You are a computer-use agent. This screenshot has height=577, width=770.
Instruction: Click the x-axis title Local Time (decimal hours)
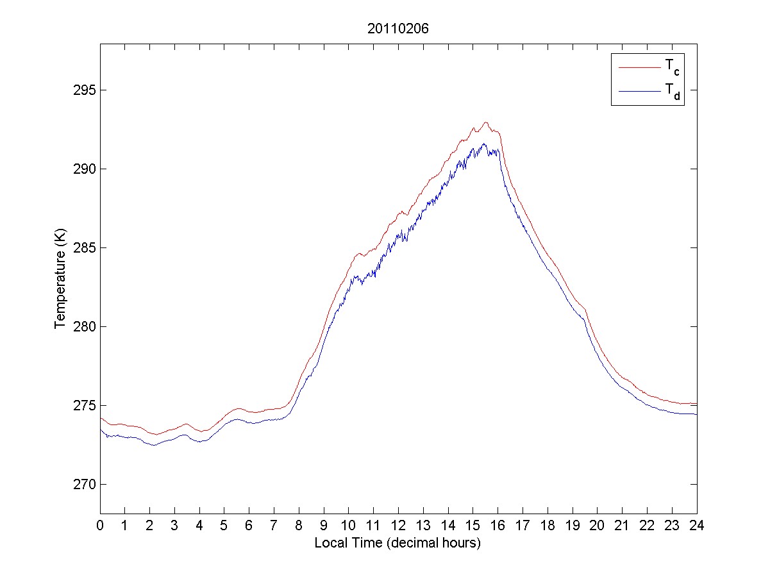coord(398,543)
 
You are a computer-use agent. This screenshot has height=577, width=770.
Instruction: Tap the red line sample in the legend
coord(639,67)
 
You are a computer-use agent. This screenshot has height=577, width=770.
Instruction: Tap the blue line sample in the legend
coord(639,92)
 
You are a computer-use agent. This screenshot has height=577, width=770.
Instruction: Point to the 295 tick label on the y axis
coord(83,90)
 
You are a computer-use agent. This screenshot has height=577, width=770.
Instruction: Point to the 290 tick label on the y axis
coord(83,169)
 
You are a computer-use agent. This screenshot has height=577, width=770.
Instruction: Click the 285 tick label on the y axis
coord(83,247)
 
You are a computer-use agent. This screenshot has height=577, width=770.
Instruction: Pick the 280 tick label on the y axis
coord(83,326)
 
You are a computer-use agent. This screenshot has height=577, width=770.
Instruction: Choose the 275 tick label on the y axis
coord(83,405)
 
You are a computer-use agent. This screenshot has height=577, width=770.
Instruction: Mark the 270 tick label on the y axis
coord(83,484)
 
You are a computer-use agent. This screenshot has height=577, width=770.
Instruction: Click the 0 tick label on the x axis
coord(100,525)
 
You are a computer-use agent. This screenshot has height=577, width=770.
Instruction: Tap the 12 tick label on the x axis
coord(398,525)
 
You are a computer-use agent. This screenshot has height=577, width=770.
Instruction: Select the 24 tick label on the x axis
coord(696,525)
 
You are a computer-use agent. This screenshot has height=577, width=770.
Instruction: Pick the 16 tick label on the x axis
coord(498,525)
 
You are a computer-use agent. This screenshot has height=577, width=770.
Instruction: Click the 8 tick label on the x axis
coord(299,525)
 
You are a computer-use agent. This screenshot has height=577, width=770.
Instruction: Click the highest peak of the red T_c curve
coord(485,122)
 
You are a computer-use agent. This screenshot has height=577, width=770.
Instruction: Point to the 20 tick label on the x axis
coord(597,525)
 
